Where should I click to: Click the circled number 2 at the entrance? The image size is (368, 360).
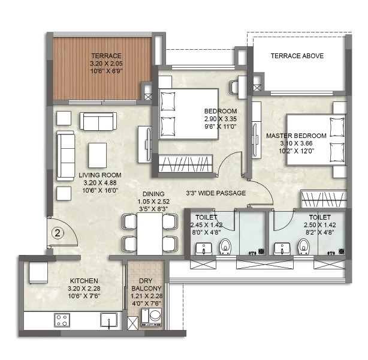point(58,233)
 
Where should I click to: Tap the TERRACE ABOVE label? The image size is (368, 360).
point(297,56)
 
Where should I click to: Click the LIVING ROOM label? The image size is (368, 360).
point(100,175)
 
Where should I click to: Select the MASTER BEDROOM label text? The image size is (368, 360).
point(296,136)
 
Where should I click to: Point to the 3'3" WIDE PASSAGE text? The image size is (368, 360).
point(216,193)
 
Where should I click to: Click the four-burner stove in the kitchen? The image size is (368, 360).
point(62,320)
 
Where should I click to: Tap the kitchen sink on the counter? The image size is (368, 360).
point(108,320)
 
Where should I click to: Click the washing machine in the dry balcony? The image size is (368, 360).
point(152,317)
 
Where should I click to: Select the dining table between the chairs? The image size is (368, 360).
point(150,233)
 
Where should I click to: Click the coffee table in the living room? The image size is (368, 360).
point(98,155)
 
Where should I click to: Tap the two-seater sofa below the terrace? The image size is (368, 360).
point(98,121)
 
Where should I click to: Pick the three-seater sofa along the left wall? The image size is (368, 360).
point(66,156)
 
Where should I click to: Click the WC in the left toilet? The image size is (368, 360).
point(225,247)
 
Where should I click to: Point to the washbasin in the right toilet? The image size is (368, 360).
point(282,249)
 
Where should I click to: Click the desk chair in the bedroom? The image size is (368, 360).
point(234,87)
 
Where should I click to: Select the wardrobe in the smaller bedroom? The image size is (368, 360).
point(186,164)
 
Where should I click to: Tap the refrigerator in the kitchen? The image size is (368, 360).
point(38,272)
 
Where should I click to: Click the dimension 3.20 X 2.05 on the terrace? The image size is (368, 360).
point(106,64)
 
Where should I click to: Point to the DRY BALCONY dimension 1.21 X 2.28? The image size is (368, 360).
point(147,296)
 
